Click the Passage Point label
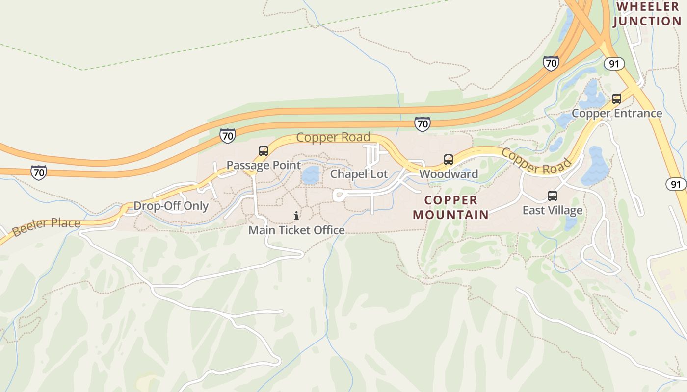264,165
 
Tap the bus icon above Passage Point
264,151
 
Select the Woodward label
449,174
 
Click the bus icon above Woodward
449,159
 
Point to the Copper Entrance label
617,114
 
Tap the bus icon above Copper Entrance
617,99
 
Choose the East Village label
553,211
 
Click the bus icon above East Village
553,196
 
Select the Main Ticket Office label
296,230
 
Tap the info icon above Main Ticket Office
296,216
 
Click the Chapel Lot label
359,174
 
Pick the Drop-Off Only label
171,206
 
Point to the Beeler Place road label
46,226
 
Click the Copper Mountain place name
451,207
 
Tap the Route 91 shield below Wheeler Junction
614,64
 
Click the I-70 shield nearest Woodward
422,123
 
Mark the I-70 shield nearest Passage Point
228,135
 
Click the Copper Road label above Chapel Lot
333,137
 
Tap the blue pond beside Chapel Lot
311,175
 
